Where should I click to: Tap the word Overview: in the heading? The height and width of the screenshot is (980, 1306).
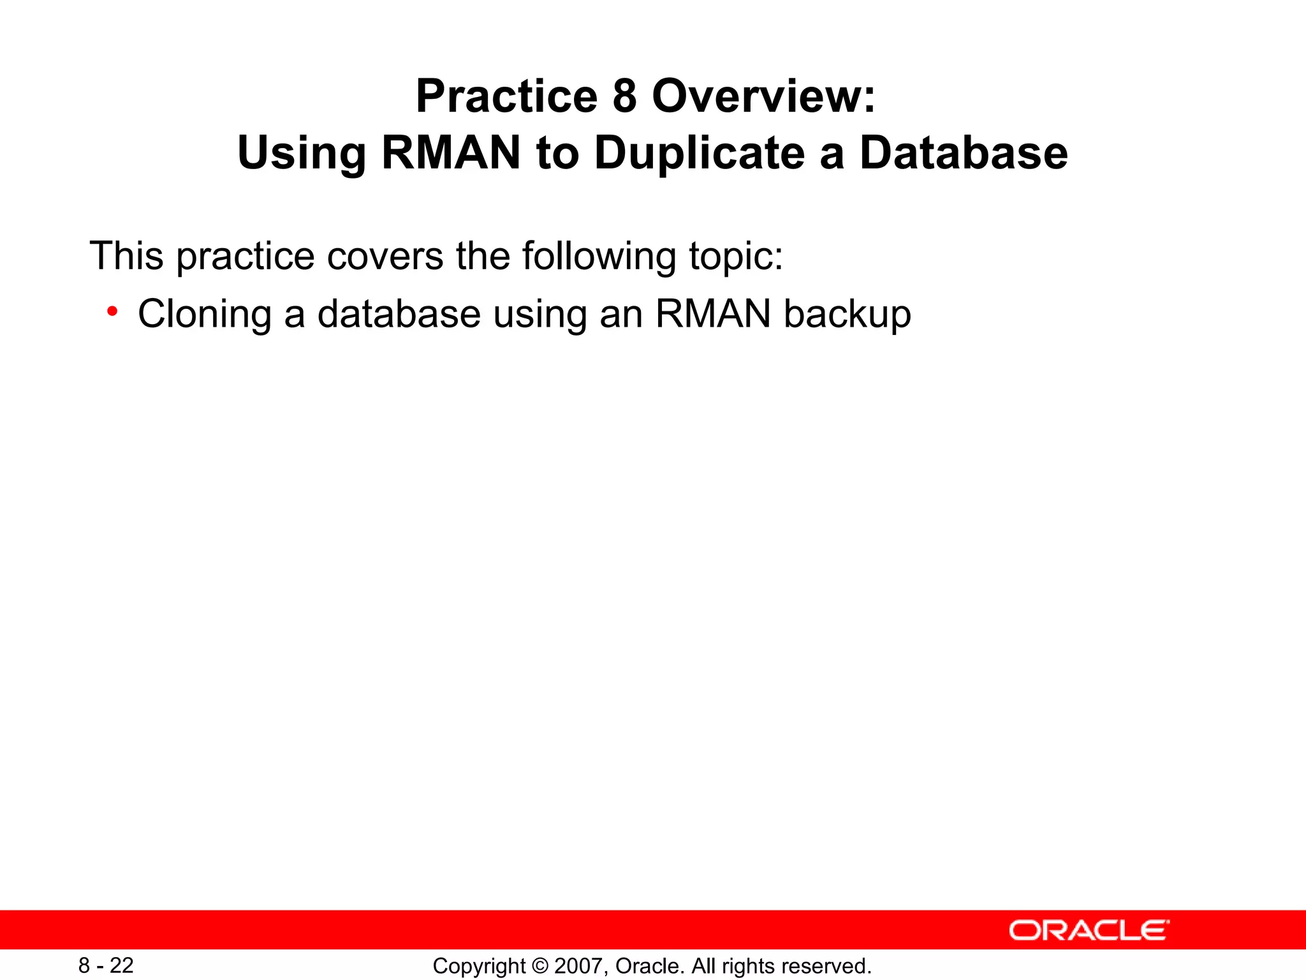[x=763, y=97]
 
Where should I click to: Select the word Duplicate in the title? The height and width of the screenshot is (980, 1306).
[x=700, y=154]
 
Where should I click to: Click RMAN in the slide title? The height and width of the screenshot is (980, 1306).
[x=451, y=154]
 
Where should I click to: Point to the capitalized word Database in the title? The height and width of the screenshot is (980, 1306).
[x=963, y=154]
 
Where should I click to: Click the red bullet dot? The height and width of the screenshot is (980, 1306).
[x=112, y=311]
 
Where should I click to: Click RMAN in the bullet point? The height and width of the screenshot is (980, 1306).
[x=713, y=314]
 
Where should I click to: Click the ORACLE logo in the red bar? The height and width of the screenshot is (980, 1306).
[x=1089, y=930]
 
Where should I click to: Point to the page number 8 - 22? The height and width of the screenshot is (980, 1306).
[x=106, y=965]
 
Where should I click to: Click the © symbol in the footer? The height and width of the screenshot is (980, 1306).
[x=539, y=966]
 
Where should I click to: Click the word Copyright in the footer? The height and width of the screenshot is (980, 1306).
[x=479, y=966]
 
